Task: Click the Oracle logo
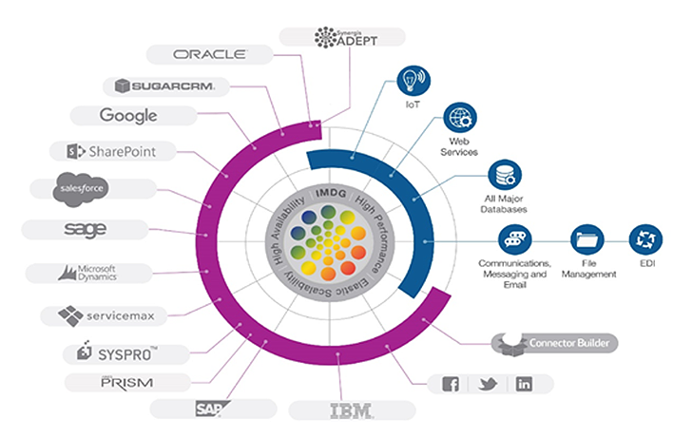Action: pos(210,53)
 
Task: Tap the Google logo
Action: pos(127,116)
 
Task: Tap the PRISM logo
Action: pos(127,382)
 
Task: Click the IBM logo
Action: pos(351,410)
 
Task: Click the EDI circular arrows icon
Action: pos(645,238)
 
